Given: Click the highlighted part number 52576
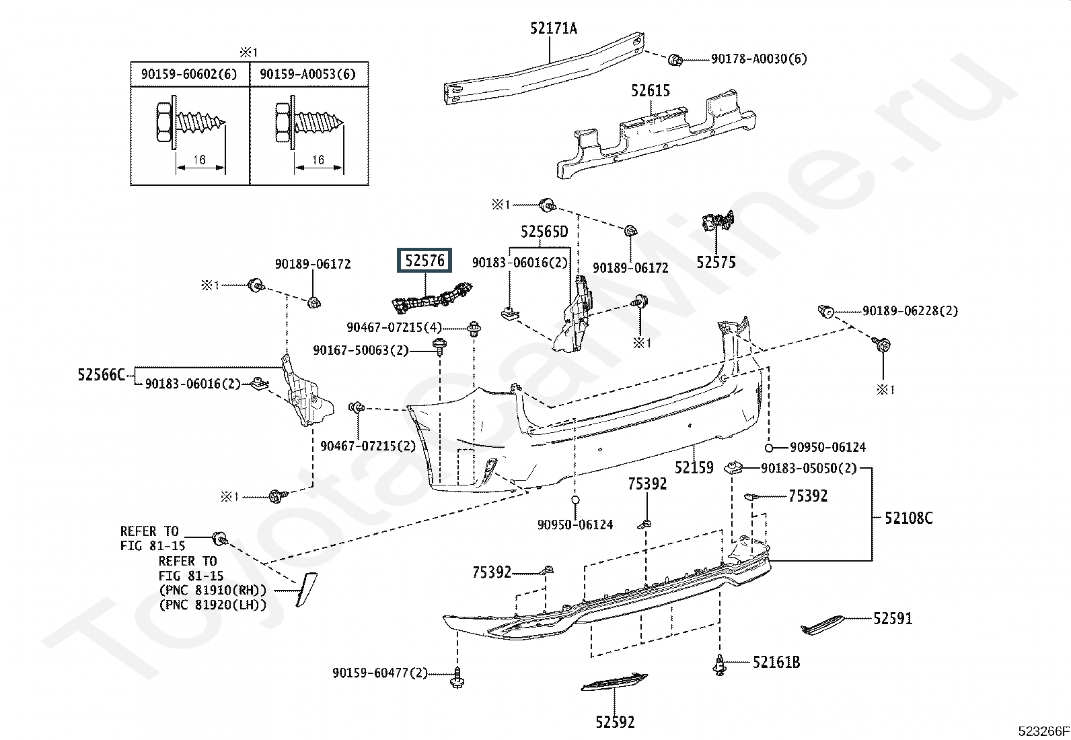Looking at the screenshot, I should [425, 260].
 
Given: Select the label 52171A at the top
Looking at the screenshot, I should [553, 28].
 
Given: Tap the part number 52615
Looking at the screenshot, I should [650, 90].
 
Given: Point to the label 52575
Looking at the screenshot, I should [716, 262].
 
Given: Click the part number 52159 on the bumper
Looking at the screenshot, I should [694, 467].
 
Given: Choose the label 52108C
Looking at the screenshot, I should [908, 518].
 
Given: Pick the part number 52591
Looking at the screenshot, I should [893, 617].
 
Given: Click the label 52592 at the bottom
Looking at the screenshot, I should [614, 722].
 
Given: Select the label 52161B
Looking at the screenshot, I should [776, 662].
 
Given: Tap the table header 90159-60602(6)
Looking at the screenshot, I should [189, 74].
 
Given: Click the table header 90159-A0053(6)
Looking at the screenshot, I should [307, 74].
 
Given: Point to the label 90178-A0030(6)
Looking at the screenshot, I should [758, 59].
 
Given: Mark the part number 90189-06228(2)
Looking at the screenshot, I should [910, 310].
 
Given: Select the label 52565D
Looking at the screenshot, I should [544, 232].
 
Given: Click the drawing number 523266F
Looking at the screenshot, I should [1042, 731].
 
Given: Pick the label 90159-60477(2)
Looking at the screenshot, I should [379, 672].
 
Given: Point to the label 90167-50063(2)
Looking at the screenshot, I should [361, 350].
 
